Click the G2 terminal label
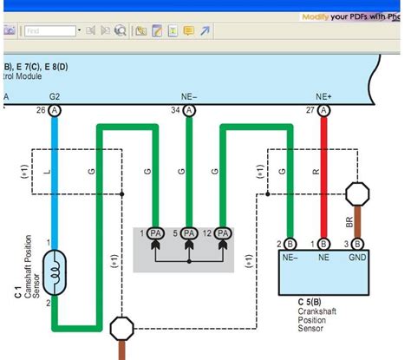(55, 96)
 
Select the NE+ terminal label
(323, 96)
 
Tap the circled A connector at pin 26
(55, 111)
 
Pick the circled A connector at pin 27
(324, 111)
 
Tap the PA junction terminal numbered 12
(224, 233)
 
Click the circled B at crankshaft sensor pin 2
(290, 245)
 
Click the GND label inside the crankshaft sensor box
(356, 259)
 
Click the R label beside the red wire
(316, 173)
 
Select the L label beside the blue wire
(46, 173)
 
